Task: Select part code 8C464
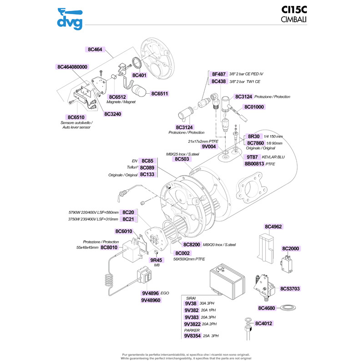(95, 49)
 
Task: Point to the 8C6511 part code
(160, 94)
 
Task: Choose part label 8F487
(219, 74)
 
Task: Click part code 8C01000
(254, 107)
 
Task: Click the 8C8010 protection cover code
(109, 248)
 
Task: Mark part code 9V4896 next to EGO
(150, 293)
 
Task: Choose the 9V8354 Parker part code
(192, 336)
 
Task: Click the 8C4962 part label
(273, 226)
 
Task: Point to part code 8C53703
(290, 288)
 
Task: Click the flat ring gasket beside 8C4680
(288, 308)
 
